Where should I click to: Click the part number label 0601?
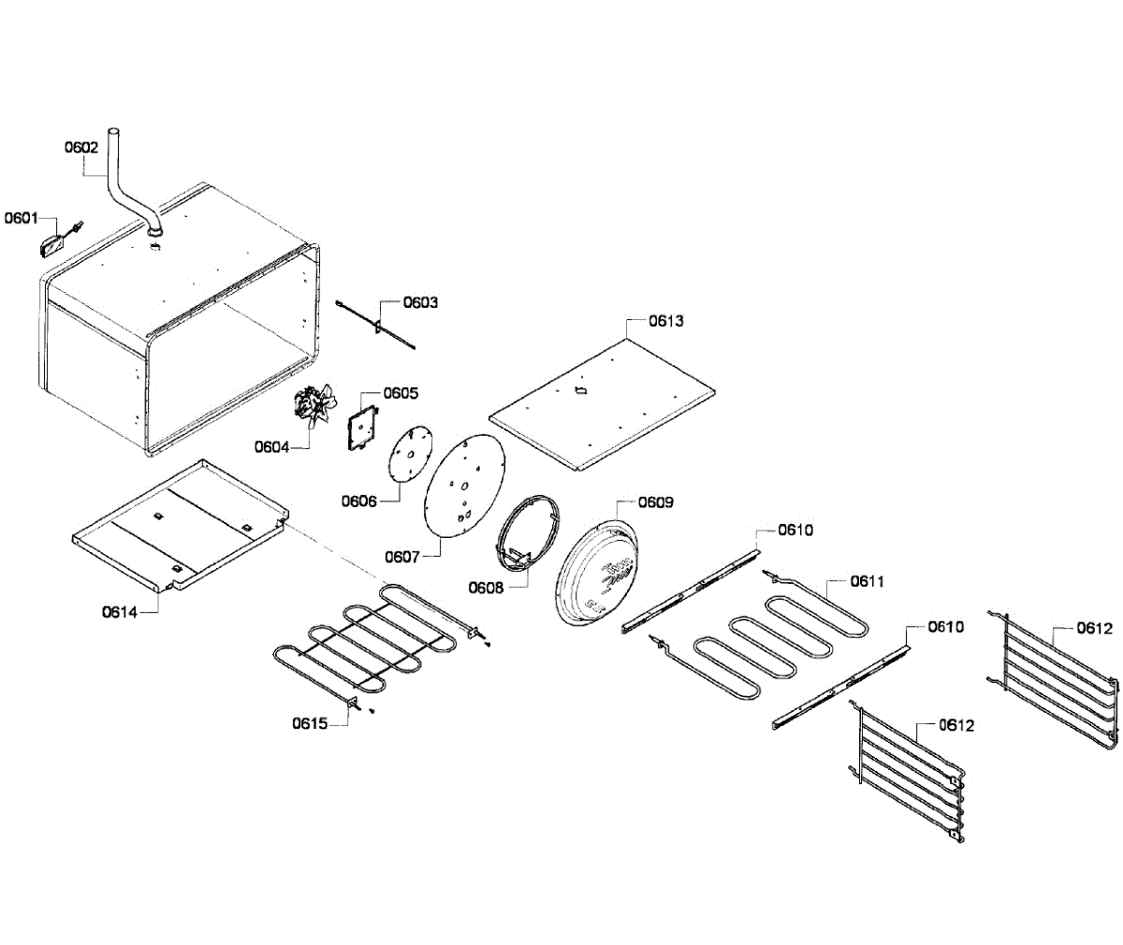pos(21,218)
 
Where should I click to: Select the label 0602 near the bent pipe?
pos(81,147)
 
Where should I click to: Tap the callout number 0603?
pos(420,302)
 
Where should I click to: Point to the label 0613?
pos(666,321)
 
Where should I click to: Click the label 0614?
pos(120,612)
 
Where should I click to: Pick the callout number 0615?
pos(309,722)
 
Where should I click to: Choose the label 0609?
pos(655,502)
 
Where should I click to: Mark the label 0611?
pos(868,581)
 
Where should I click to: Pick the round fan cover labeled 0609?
pos(600,572)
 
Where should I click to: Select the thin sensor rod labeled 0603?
pos(374,325)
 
